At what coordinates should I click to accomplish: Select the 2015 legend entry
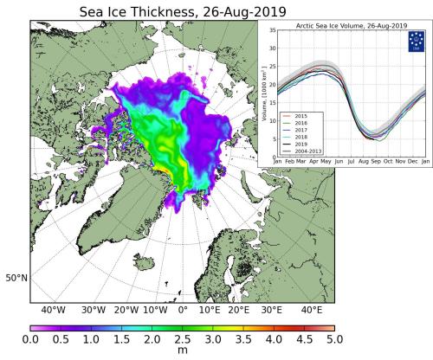click(301, 112)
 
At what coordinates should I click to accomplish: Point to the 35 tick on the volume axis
click(270, 30)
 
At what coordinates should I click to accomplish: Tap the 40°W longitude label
click(54, 310)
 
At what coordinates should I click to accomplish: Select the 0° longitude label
click(183, 310)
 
